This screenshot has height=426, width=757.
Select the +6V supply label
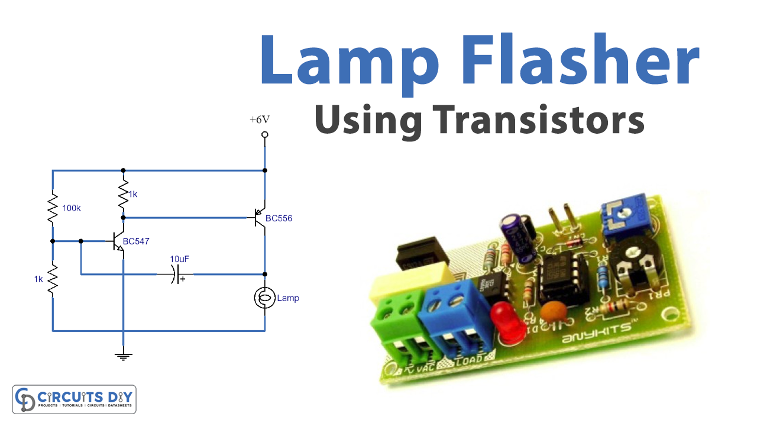pyautogui.click(x=260, y=120)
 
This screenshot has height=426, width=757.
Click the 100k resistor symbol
pyautogui.click(x=53, y=207)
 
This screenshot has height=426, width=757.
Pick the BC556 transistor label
pyautogui.click(x=279, y=218)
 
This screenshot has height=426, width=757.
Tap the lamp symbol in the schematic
pyautogui.click(x=264, y=298)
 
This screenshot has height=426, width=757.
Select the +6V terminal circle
pyautogui.click(x=264, y=135)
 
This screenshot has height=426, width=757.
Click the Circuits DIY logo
pyautogui.click(x=75, y=399)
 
